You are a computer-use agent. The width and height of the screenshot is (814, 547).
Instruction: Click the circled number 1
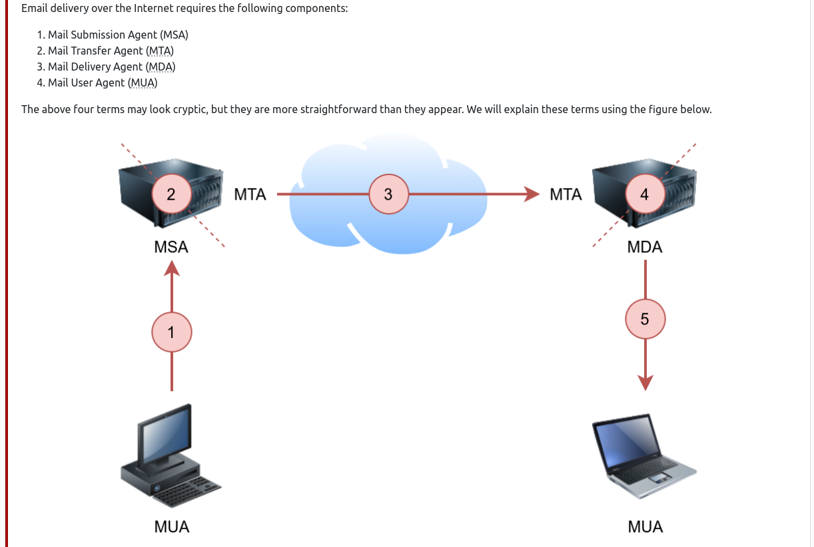coord(172,331)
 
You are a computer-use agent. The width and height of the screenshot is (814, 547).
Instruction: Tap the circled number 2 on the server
coord(171,194)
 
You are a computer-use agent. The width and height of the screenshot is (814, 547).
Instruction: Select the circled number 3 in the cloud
coord(388,194)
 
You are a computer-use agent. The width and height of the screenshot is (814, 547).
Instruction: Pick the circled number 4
coord(643,194)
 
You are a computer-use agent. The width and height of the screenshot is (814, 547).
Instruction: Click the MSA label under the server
coord(171,247)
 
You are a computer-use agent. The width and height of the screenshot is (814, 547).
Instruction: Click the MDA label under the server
coord(645,247)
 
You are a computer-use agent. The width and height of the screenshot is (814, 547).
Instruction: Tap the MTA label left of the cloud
coord(250,194)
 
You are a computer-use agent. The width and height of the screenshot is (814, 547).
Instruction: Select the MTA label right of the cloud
coord(566,194)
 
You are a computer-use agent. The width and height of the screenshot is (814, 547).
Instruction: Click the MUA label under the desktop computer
coord(172,527)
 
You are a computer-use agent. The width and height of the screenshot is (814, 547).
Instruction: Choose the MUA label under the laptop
coord(645,527)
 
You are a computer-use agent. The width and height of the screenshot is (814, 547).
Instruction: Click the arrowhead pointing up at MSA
coord(172,268)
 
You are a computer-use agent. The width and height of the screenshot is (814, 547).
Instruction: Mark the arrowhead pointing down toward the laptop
coord(645,383)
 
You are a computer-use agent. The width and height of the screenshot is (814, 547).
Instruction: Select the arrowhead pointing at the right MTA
coord(532,194)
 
